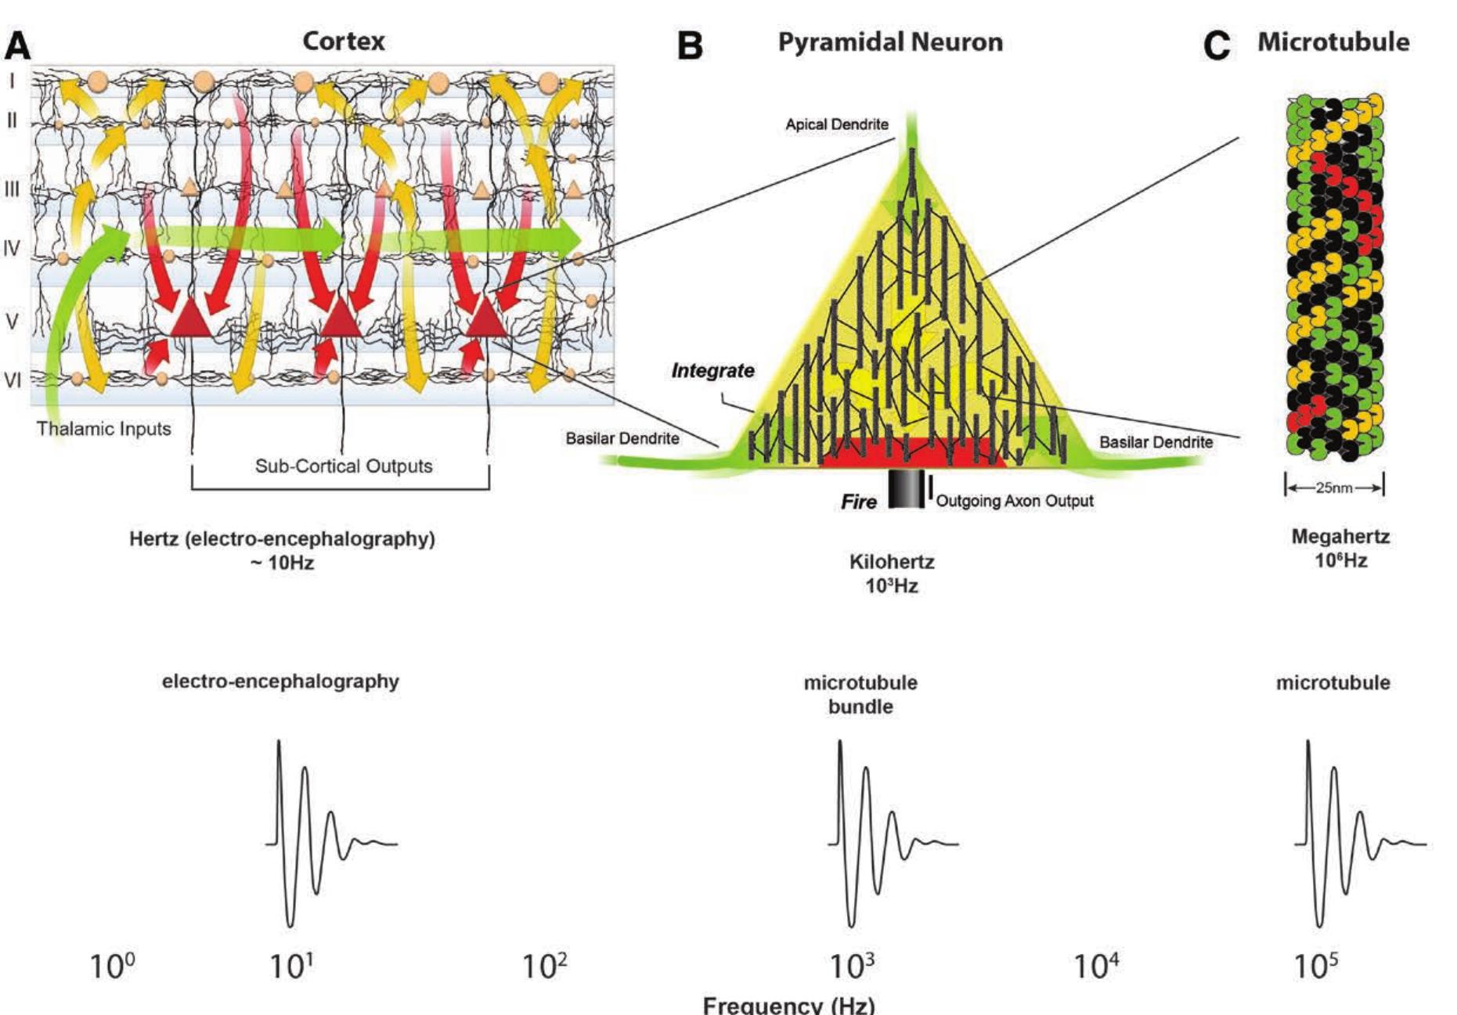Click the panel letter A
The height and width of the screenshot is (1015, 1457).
[18, 46]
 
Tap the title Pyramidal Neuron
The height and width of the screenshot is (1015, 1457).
[890, 41]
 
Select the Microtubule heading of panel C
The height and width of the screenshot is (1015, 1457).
[1333, 41]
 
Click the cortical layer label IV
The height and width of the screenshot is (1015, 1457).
[12, 249]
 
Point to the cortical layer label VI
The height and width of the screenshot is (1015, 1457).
[13, 380]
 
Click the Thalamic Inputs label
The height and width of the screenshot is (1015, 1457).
[103, 429]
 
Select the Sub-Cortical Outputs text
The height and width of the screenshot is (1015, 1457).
[344, 466]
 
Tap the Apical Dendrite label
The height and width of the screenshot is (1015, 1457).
[837, 124]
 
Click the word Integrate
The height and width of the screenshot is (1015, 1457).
[712, 371]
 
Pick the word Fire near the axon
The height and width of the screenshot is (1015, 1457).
[859, 502]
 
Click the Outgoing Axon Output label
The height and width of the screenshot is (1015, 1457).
[1015, 501]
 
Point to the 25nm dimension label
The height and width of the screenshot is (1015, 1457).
[1333, 488]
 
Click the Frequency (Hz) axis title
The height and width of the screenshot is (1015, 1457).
[788, 1005]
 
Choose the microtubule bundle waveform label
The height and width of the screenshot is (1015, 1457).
[860, 694]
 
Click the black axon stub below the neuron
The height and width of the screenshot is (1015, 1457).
[906, 490]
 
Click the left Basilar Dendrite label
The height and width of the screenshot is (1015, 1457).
[622, 438]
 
